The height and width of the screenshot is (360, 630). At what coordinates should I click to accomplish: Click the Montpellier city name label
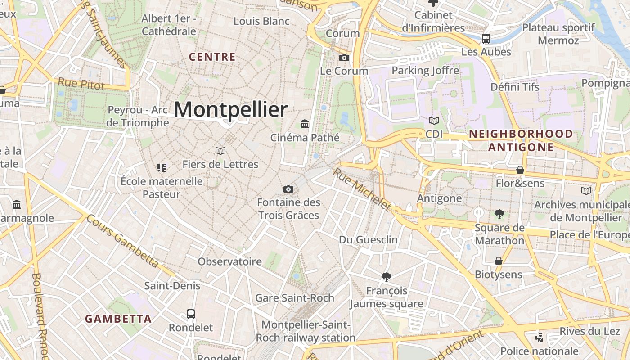pos(230,110)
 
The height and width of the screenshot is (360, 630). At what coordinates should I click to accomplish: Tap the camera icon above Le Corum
pos(344,58)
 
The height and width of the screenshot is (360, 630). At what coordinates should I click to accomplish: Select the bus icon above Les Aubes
pos(486,39)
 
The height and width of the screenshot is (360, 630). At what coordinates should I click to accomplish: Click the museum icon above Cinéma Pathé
pos(305,124)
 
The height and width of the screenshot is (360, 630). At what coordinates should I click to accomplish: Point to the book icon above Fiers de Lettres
pos(220,151)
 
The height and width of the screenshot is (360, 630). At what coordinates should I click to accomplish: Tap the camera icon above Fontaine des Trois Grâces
pos(288,189)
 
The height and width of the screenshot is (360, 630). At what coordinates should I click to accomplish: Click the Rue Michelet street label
pos(362,189)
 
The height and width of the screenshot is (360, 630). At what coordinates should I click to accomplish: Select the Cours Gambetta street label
pos(122,241)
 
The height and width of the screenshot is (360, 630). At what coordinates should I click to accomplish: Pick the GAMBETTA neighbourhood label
pos(118,319)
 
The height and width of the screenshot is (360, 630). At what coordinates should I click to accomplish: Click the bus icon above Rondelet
pos(191,314)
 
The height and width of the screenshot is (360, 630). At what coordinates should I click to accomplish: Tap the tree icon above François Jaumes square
pos(386,277)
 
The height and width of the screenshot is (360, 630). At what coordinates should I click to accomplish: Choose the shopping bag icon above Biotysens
pos(499,261)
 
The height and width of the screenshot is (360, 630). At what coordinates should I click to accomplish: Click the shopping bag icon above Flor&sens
pos(520,170)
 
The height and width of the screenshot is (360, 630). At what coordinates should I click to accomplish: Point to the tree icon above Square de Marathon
pos(499,214)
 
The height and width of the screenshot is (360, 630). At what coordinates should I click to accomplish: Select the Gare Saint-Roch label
pos(295,298)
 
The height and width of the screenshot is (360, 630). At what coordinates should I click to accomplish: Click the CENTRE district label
pos(212,57)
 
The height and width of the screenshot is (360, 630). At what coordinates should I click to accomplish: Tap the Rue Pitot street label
pos(81,84)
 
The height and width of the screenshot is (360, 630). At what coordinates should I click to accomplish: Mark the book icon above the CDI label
pos(434,121)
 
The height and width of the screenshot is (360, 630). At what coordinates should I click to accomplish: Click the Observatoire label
pos(230,261)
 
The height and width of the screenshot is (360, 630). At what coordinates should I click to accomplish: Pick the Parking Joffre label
pos(425,71)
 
